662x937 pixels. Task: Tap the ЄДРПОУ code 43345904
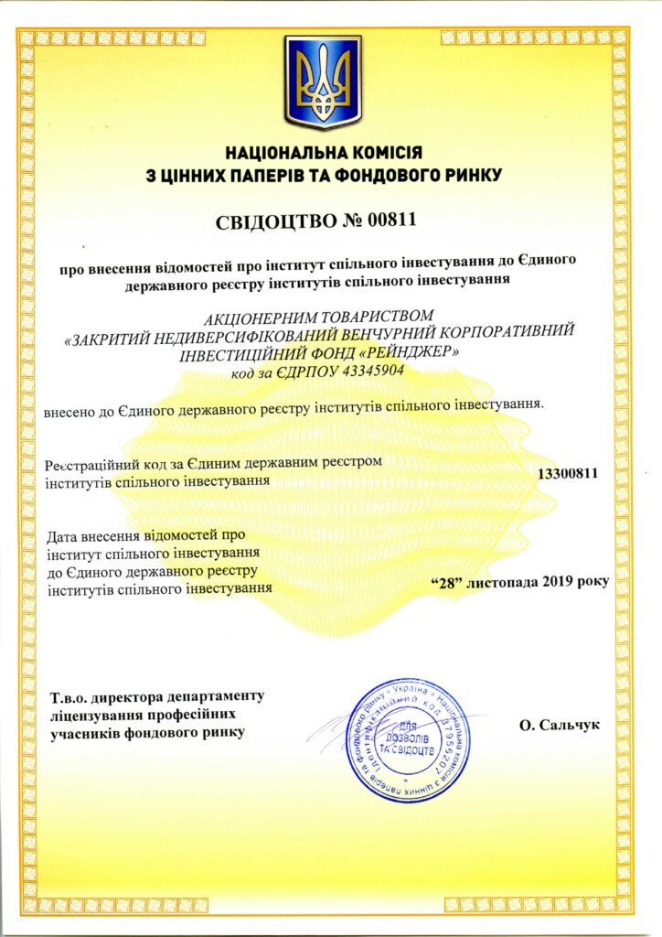pyautogui.click(x=364, y=372)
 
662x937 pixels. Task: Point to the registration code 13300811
pyautogui.click(x=567, y=474)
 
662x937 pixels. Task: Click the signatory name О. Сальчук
pyautogui.click(x=558, y=725)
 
